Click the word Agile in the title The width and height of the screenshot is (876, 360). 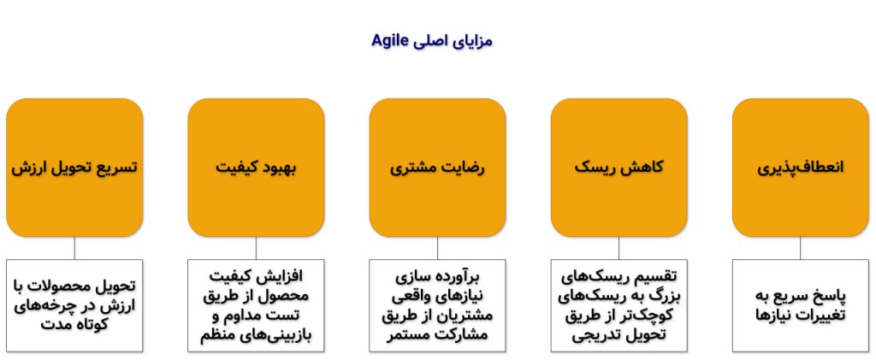(391, 40)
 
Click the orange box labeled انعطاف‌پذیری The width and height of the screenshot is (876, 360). (801, 167)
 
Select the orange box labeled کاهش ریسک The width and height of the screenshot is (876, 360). (619, 167)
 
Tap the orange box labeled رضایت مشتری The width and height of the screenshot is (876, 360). (437, 167)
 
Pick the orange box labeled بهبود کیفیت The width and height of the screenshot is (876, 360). (256, 167)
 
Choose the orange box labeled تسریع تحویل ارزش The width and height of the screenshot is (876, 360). (74, 167)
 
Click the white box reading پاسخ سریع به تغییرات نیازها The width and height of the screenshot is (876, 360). (801, 304)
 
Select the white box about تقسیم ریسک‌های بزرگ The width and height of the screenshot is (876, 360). (619, 304)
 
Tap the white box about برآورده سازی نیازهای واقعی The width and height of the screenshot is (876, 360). (437, 304)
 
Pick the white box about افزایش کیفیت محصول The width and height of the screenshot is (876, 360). (256, 304)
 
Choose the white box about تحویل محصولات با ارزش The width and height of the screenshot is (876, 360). (74, 304)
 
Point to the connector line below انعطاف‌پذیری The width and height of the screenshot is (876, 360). (801, 247)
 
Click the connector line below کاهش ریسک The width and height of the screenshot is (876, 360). (619, 247)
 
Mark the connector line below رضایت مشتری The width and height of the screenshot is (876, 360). (437, 247)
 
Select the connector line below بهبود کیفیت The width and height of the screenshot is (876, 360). (256, 247)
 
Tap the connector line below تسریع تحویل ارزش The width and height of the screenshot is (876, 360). (74, 247)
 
